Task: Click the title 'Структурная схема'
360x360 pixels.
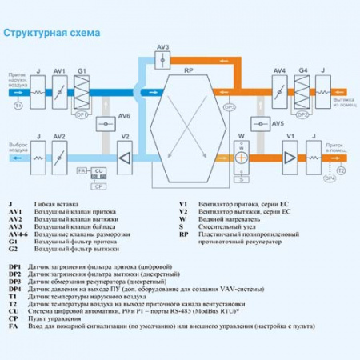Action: tap(52, 33)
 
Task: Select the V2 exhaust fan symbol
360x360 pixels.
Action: tap(124, 156)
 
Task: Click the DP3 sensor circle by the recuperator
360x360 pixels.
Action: tap(230, 106)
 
